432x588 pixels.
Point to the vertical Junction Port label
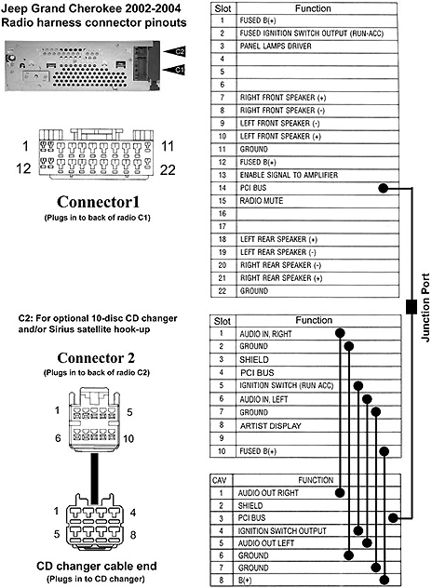[x=425, y=307]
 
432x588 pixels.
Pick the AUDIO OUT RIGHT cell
[x=271, y=493]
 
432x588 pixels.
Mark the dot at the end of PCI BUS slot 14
[x=385, y=188]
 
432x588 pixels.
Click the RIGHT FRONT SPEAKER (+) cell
[x=282, y=97]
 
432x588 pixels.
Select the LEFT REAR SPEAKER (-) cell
[x=277, y=252]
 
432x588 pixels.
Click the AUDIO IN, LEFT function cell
[x=265, y=398]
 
